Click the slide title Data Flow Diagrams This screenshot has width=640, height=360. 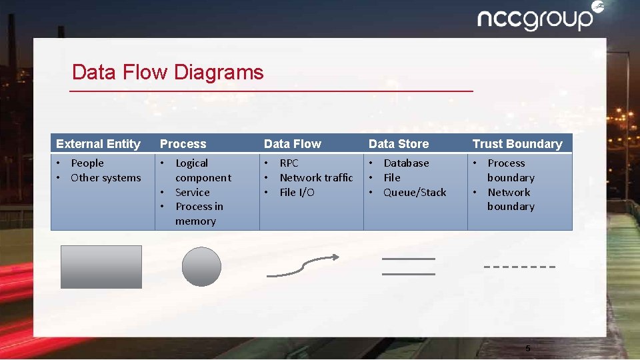click(167, 72)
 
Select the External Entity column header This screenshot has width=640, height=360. click(98, 144)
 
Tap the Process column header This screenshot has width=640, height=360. click(183, 144)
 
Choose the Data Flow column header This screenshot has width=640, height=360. click(292, 144)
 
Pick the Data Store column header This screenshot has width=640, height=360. click(398, 144)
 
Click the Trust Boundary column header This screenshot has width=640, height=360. click(517, 144)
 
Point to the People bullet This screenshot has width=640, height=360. click(87, 163)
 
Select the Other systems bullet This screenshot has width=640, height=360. click(105, 178)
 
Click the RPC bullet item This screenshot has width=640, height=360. click(289, 163)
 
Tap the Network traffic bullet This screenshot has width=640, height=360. click(316, 178)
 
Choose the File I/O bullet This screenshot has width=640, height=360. click(297, 193)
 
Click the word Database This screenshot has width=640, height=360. click(406, 163)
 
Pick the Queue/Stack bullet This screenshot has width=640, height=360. click(415, 193)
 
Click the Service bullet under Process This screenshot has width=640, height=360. click(192, 193)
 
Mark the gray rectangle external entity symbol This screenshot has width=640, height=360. click(101, 267)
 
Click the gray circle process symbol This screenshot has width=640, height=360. click(201, 267)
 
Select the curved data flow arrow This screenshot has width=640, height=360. click(303, 265)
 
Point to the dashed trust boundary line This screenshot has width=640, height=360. click(519, 267)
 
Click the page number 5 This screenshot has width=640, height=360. click(528, 349)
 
